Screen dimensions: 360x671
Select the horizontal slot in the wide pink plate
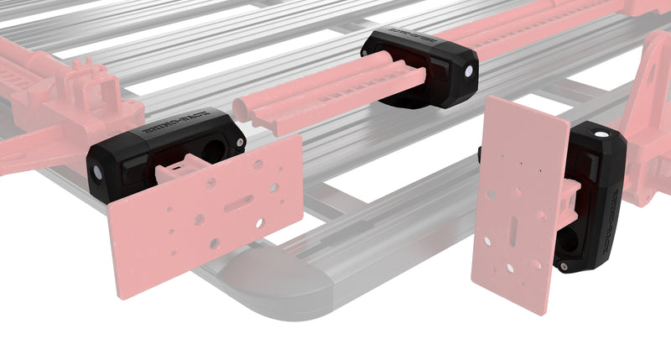click(x=240, y=201)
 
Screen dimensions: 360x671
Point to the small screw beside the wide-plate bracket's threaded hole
click(x=242, y=144)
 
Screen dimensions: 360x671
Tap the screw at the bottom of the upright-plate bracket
click(x=565, y=266)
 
